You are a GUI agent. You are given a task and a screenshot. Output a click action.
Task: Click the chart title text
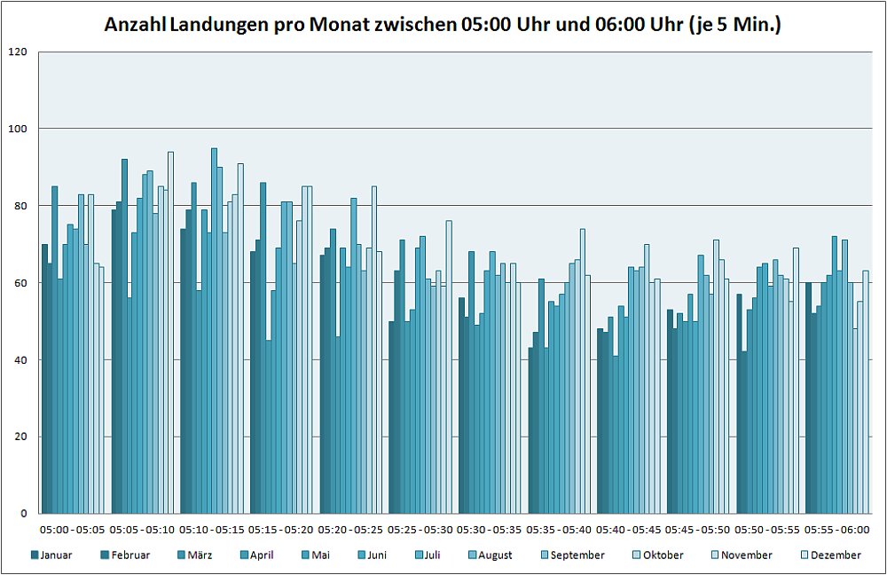click(x=443, y=25)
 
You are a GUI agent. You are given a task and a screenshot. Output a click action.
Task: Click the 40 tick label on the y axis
click(x=21, y=359)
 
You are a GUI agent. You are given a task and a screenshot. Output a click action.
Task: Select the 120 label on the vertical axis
click(x=19, y=52)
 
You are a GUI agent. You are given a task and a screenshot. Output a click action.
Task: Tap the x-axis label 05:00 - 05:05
click(x=73, y=530)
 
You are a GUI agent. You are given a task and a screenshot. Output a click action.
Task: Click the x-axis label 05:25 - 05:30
click(x=420, y=530)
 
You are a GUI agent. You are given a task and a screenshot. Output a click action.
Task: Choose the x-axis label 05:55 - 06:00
click(x=836, y=530)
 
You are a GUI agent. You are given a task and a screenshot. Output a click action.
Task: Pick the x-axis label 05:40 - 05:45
click(x=628, y=530)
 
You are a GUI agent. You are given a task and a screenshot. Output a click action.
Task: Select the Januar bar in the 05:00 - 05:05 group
click(x=44, y=378)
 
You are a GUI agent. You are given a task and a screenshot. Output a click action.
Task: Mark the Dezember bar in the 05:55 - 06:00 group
click(x=866, y=391)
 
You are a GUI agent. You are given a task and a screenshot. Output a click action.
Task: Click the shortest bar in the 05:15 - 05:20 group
click(x=269, y=426)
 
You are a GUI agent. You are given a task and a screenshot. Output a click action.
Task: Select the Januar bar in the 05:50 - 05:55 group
click(x=739, y=403)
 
